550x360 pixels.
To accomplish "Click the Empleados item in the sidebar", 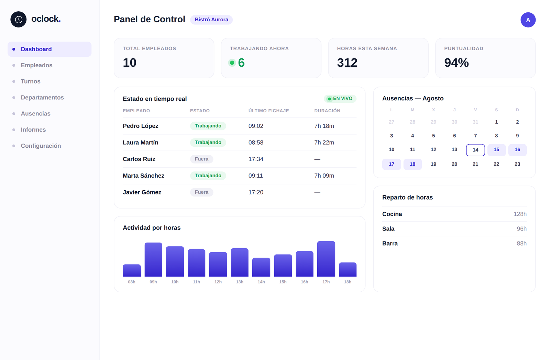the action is click(x=36, y=65).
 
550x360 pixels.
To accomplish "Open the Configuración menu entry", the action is click(x=41, y=146).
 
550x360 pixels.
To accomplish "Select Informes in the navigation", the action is click(x=33, y=130).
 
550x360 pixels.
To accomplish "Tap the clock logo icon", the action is click(x=19, y=19).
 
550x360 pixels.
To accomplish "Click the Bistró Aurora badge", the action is click(x=211, y=20).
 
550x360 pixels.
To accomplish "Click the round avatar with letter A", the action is click(x=528, y=20).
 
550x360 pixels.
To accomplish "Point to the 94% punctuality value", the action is click(x=456, y=63).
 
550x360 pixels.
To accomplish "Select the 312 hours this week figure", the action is click(x=347, y=63).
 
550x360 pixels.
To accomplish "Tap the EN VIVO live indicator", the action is click(x=340, y=99).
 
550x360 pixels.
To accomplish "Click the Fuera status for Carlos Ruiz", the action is click(x=201, y=159).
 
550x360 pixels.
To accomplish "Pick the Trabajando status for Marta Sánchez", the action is click(x=208, y=176).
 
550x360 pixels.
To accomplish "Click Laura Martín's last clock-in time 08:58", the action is click(x=256, y=143).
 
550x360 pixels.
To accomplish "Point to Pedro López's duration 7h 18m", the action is click(x=324, y=126).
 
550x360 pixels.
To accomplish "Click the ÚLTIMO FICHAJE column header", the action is click(x=268, y=111).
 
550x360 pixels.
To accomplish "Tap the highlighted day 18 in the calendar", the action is click(x=412, y=164).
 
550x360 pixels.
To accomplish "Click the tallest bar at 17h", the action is click(x=326, y=259).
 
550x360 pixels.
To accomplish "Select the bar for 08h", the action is click(x=132, y=270).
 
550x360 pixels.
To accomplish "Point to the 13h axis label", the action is click(x=240, y=282).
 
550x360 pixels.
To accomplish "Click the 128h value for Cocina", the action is click(x=520, y=214).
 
